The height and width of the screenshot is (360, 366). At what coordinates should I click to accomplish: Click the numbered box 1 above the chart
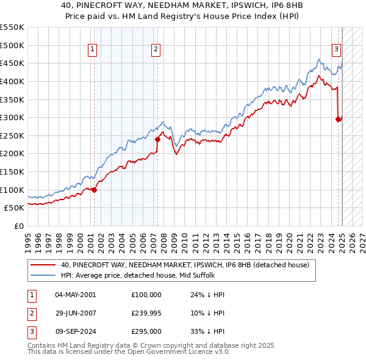[92, 50]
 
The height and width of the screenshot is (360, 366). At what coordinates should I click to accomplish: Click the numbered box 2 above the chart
[156, 50]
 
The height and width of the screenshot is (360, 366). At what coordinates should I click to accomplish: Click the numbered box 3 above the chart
[336, 50]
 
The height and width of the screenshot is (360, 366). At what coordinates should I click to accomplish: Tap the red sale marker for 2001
[94, 190]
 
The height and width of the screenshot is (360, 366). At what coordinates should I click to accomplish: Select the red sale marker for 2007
[157, 139]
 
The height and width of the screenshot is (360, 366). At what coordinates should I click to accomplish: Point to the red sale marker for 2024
[338, 119]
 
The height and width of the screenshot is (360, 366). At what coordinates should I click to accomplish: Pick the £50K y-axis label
[15, 208]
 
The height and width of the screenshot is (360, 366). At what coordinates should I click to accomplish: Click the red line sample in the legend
[43, 265]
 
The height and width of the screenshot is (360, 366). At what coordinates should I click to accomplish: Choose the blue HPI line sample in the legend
[43, 275]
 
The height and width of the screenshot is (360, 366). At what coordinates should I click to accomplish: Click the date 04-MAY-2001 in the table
[75, 295]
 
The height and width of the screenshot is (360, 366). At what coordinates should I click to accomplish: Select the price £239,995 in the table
[146, 313]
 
